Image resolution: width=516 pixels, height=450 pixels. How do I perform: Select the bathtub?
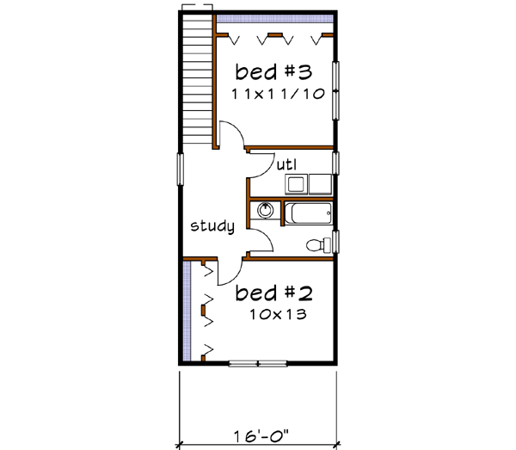308,213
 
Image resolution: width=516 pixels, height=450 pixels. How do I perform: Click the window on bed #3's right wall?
338,93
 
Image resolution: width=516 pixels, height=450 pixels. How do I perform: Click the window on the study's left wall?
181,169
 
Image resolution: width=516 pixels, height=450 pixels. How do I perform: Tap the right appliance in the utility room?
322,183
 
